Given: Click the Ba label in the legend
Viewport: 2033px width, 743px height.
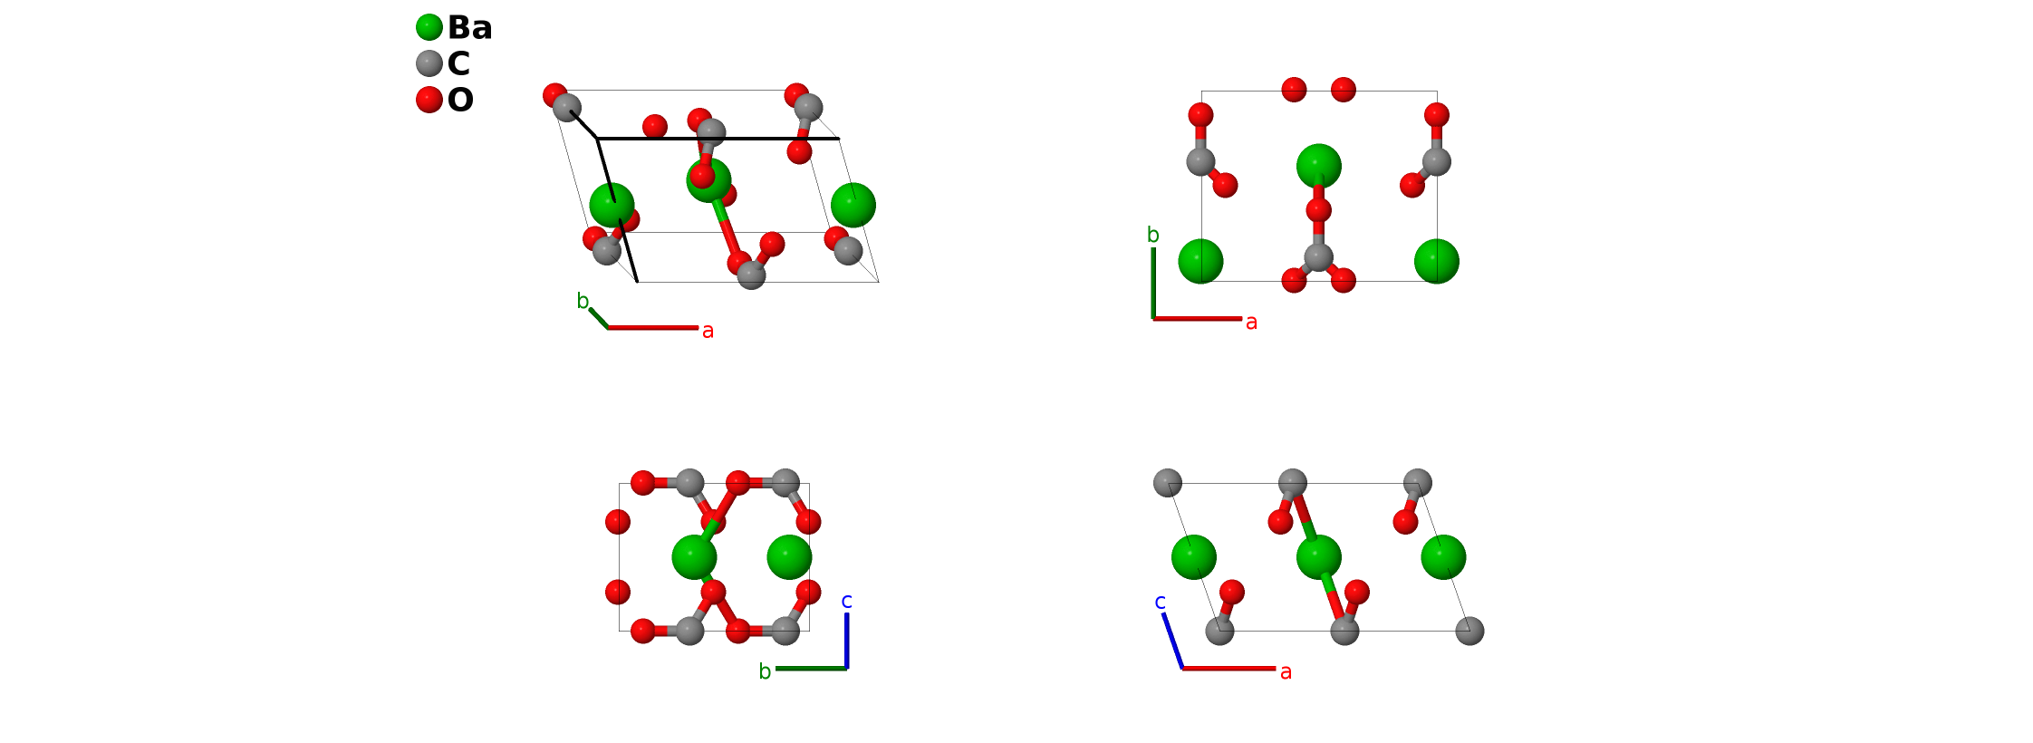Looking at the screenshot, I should [469, 28].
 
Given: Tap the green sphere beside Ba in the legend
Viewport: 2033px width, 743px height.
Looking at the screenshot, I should [429, 27].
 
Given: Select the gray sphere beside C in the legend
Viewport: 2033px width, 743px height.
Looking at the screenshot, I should [429, 63].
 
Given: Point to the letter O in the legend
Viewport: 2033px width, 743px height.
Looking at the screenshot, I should [460, 100].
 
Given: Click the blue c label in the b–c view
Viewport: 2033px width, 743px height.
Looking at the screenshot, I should [846, 601].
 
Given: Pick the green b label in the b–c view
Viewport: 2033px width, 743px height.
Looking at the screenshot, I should [765, 671].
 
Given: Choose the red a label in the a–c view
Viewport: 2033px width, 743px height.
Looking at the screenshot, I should [1286, 671].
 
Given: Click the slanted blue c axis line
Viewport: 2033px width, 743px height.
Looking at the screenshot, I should [1173, 641].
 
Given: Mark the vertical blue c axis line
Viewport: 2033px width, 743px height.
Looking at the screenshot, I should [846, 641].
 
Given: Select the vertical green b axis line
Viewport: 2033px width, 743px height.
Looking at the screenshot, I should [1153, 283].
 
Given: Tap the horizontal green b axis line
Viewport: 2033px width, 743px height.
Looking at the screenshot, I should [811, 669].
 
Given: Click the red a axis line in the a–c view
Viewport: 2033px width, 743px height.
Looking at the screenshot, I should [1228, 669].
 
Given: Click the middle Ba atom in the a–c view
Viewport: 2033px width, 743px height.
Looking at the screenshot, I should [1318, 557].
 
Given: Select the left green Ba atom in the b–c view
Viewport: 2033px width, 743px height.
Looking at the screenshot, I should [695, 557].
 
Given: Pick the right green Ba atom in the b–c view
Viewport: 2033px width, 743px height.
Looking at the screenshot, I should [789, 557].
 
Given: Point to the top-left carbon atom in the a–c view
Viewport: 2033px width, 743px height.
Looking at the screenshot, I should [1168, 483].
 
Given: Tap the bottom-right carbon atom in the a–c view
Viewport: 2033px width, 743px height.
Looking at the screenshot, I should [1469, 631].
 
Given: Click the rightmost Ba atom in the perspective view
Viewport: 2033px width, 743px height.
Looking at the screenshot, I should [853, 206].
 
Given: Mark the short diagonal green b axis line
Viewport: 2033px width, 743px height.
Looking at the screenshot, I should [599, 318].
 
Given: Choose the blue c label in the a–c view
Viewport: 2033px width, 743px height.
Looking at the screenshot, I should [1160, 602].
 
